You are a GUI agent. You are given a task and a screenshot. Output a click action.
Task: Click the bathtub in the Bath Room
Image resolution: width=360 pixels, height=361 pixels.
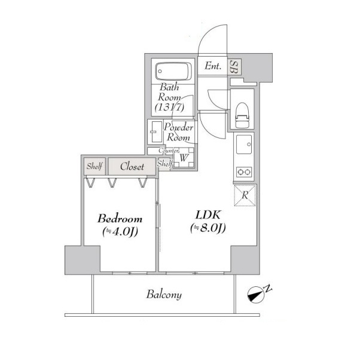tap(173, 71)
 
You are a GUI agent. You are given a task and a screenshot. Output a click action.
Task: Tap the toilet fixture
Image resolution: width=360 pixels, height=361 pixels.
tap(242, 115)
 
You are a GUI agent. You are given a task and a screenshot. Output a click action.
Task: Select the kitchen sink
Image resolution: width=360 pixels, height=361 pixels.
tap(244, 145)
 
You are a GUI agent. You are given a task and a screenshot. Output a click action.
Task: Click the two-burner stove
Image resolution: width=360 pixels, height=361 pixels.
tap(244, 172)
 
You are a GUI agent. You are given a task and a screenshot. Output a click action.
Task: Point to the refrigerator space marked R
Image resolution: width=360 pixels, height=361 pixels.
tap(245, 195)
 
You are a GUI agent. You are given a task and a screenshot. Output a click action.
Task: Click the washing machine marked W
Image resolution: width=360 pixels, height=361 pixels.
tap(184, 157)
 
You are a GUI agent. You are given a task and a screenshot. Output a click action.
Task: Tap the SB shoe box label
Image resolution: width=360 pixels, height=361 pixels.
tap(234, 67)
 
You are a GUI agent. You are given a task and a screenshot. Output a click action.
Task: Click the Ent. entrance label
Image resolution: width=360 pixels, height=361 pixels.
tap(213, 66)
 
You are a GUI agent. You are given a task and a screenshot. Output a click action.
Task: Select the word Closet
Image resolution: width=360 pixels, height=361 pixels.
tap(132, 166)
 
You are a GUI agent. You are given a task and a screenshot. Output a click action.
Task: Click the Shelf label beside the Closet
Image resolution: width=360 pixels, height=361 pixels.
tap(94, 166)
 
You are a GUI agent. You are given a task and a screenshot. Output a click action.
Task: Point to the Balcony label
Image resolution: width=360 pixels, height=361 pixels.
tap(164, 295)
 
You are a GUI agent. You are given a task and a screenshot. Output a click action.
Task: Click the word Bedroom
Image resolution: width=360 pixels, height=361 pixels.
tap(120, 218)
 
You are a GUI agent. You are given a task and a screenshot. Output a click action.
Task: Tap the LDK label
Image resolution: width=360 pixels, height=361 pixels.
tap(208, 215)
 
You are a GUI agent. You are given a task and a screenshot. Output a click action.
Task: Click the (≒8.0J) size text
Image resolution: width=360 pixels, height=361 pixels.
tap(208, 228)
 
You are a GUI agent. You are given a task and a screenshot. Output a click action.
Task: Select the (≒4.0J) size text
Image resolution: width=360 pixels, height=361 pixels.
tap(120, 232)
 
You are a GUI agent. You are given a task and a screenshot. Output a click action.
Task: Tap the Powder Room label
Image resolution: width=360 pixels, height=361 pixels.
tap(178, 132)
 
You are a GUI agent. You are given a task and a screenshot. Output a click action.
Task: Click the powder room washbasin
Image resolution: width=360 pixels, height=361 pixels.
tap(155, 131)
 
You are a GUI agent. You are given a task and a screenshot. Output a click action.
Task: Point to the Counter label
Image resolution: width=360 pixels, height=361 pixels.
tap(169, 151)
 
